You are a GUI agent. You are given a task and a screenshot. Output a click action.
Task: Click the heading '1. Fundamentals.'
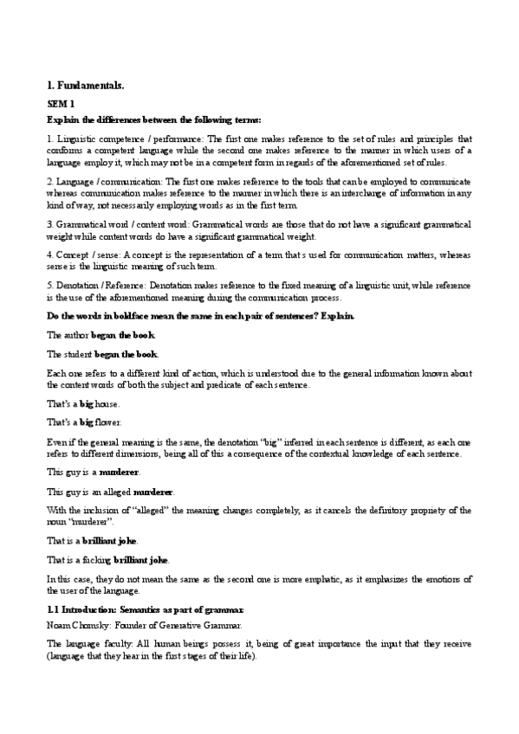tap(85, 85)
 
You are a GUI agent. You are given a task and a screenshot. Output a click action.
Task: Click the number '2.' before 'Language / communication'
tap(49, 182)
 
